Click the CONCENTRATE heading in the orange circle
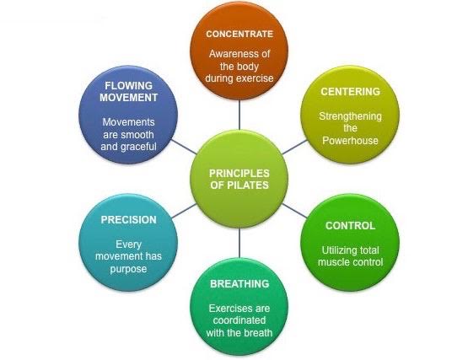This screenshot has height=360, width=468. click(239, 34)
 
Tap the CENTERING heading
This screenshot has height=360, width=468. click(351, 91)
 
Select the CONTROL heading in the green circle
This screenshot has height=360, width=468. click(351, 226)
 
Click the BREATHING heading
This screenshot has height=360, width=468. click(239, 283)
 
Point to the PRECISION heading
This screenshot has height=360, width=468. click(129, 220)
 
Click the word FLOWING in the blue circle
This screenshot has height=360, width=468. click(129, 86)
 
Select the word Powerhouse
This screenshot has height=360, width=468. click(351, 140)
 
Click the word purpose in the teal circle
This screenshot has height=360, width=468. click(129, 269)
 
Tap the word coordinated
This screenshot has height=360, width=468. click(239, 320)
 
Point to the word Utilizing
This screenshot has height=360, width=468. click(336, 250)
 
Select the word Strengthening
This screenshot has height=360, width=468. click(351, 116)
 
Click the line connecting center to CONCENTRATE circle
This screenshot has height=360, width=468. click(239, 115)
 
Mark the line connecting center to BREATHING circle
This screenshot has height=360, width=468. click(239, 243)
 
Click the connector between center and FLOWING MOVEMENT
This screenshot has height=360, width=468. click(184, 147)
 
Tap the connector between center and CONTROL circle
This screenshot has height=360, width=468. click(294, 211)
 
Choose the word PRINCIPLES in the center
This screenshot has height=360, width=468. click(239, 173)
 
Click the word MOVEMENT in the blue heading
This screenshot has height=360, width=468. click(129, 98)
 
